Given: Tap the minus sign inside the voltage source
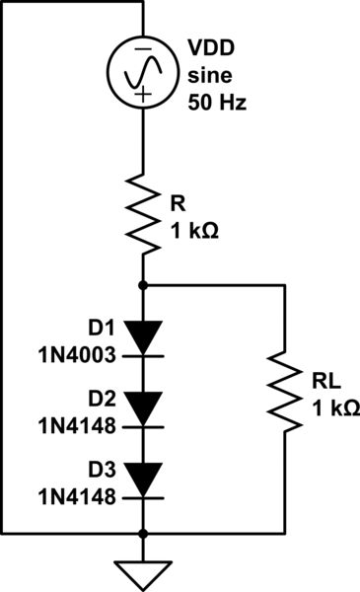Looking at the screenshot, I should pyautogui.click(x=144, y=49).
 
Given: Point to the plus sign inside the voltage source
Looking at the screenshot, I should pyautogui.click(x=144, y=96).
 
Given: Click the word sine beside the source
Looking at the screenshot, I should pyautogui.click(x=208, y=78).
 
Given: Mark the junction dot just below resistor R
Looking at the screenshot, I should pyautogui.click(x=144, y=284).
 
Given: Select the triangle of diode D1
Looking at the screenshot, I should pyautogui.click(x=144, y=338).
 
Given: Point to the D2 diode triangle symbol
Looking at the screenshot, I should pyautogui.click(x=144, y=406).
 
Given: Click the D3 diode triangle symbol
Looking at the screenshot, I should pyautogui.click(x=144, y=480).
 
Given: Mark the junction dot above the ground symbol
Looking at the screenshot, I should pyautogui.click(x=144, y=534).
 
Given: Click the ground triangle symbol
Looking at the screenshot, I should pyautogui.click(x=144, y=571).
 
